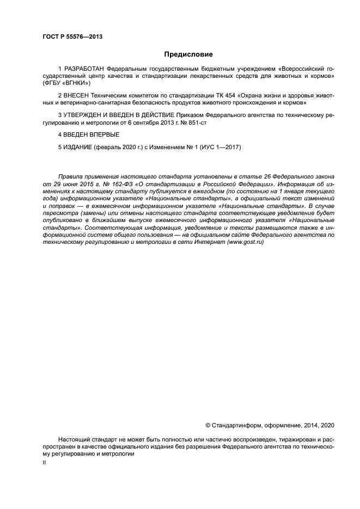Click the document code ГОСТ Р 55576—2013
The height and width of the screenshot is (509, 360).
pos(72,37)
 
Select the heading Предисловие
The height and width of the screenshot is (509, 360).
pos(188,54)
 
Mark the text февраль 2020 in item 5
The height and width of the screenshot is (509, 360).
pos(120,147)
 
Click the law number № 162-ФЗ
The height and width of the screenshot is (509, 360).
pos(103,185)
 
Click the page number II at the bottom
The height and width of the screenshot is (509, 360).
pos(45,462)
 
